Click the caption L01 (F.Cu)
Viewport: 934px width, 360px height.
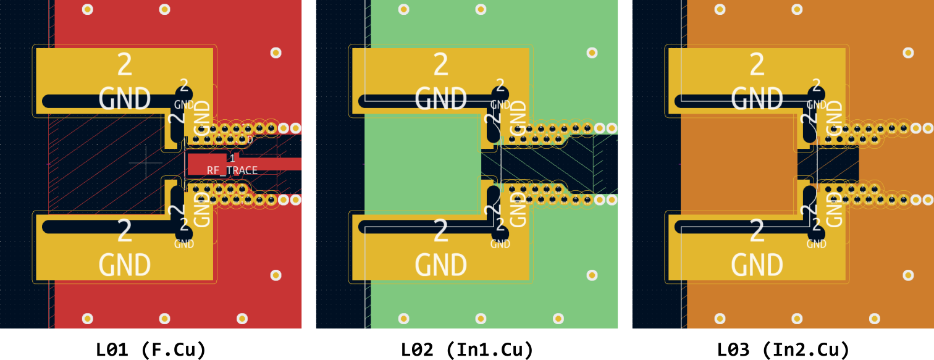pyautogui.click(x=151, y=350)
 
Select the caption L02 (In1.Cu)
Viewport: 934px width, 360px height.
pyautogui.click(x=466, y=350)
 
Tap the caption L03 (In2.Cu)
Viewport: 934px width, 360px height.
pyautogui.click(x=783, y=350)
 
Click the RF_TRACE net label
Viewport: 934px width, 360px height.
pyautogui.click(x=232, y=170)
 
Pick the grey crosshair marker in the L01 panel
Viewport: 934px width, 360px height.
pyautogui.click(x=146, y=162)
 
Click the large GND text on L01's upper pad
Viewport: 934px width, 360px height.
pyautogui.click(x=125, y=98)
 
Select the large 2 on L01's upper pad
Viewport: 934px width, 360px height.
pyautogui.click(x=125, y=64)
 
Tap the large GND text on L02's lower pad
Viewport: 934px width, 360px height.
pyautogui.click(x=440, y=265)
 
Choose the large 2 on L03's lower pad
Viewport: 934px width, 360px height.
pyautogui.click(x=757, y=232)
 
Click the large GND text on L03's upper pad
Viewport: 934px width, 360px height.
pyautogui.click(x=757, y=98)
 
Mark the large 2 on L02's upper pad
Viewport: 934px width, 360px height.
pyautogui.click(x=440, y=64)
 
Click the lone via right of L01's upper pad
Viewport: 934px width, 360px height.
pyautogui.click(x=276, y=52)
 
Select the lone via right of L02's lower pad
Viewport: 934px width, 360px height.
pyautogui.click(x=592, y=275)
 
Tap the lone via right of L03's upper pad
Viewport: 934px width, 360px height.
pyautogui.click(x=908, y=52)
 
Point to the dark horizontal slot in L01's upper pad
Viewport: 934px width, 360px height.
pyautogui.click(x=105, y=101)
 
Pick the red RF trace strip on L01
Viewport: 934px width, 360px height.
pyautogui.click(x=272, y=164)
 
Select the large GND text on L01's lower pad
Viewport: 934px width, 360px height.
pyautogui.click(x=125, y=265)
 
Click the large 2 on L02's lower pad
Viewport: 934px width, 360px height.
pyautogui.click(x=440, y=232)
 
